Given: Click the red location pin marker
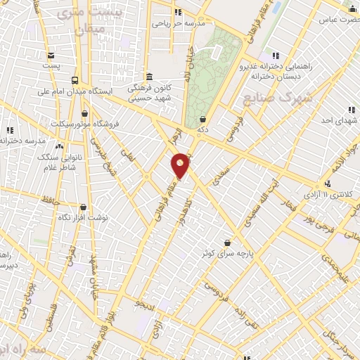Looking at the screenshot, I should point(181,165).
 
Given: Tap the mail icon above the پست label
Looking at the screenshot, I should point(51,56).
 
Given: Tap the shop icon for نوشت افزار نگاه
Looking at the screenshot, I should point(84,207).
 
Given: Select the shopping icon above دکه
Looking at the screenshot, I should point(202,119).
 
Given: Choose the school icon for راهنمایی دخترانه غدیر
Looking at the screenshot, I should point(274,56).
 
